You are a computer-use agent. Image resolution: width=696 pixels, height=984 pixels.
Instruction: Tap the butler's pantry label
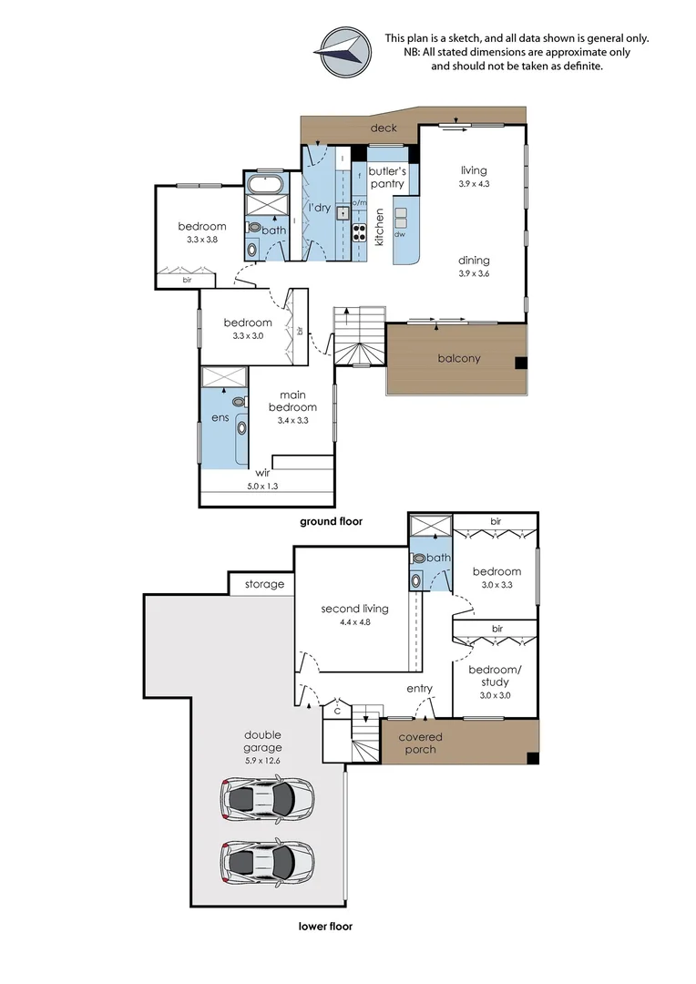pos(387,177)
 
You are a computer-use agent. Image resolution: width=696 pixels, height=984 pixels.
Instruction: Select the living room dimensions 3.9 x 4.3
pos(474,184)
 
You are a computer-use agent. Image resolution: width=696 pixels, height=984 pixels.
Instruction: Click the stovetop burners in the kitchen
pos(359,233)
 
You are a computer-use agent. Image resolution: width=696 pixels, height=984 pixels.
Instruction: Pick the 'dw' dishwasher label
pos(400,235)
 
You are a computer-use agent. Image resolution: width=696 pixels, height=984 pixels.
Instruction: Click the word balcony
pos(459,358)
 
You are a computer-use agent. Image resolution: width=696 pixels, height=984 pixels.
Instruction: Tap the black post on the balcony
pos(521,363)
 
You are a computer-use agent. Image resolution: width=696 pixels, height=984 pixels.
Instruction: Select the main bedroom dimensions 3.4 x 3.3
pos(293,420)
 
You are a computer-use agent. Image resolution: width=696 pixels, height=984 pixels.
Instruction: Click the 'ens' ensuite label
pos(220,417)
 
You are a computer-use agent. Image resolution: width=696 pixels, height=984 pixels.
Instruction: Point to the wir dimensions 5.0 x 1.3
pos(262,486)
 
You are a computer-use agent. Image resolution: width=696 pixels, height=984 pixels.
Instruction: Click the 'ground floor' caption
pos(331,521)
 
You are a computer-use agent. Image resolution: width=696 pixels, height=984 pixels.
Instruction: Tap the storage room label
pos(264,584)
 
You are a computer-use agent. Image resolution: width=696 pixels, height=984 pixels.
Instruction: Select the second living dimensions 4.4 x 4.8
pos(354,622)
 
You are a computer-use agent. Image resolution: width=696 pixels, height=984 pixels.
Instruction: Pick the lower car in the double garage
pos(267,862)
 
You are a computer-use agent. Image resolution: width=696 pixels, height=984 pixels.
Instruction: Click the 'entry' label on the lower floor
pos(419,689)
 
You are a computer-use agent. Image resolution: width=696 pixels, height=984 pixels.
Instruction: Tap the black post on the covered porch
pos(532,758)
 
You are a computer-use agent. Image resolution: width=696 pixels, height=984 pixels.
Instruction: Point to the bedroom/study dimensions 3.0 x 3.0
pos(496,695)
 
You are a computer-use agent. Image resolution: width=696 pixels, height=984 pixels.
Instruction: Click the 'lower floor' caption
pos(325,926)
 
